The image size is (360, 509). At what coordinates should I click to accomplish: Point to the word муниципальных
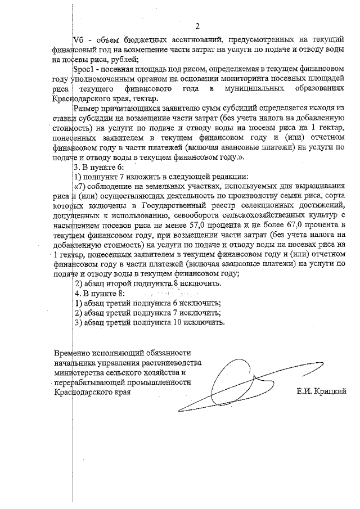tap(256, 89)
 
